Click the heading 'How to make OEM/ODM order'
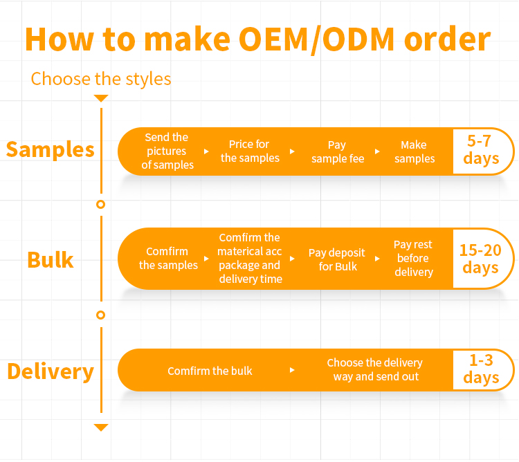coord(257,39)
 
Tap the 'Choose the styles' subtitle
coord(101,78)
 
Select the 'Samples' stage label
coord(50,149)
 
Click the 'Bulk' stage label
coord(51,259)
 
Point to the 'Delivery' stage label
coord(50,371)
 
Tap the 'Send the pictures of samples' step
coord(167,151)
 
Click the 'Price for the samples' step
coord(249,151)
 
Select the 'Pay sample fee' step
coord(337,151)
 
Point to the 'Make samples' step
coord(414,151)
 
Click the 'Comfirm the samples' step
coord(168,259)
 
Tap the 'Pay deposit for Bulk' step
coord(337,259)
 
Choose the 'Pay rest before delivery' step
coord(413,258)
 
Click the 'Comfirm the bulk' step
coord(210,371)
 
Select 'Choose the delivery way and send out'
coord(374,369)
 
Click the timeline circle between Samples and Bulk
coord(101,205)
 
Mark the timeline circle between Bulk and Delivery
coord(101,315)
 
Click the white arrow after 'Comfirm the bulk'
coord(292,370)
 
